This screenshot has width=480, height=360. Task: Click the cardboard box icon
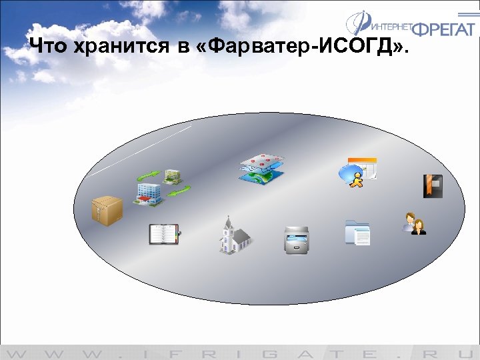(x=107, y=211)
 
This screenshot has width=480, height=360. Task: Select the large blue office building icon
(x=147, y=193)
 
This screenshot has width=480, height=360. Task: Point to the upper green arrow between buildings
(x=148, y=176)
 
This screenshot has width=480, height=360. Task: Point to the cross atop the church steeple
(x=228, y=217)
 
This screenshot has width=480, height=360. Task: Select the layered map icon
(x=261, y=169)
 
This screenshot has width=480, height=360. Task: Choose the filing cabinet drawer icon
(x=296, y=239)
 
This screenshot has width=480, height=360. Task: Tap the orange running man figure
(x=357, y=179)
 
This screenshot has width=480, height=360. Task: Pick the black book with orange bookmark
(x=433, y=186)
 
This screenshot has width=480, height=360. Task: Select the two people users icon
(x=414, y=224)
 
